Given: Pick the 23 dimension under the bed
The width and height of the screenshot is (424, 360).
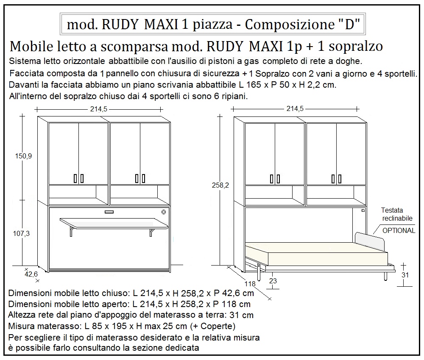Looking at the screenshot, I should coord(273,280).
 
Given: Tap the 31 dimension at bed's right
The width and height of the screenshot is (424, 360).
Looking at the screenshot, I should coord(405,274).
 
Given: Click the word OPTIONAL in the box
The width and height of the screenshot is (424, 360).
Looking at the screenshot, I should coord(399,230).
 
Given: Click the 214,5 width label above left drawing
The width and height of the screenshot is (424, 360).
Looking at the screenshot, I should coord(99,109).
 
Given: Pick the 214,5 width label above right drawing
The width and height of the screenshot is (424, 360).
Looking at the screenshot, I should coord(295,109).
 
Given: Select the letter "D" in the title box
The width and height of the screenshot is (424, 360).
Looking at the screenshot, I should coord(349,25).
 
